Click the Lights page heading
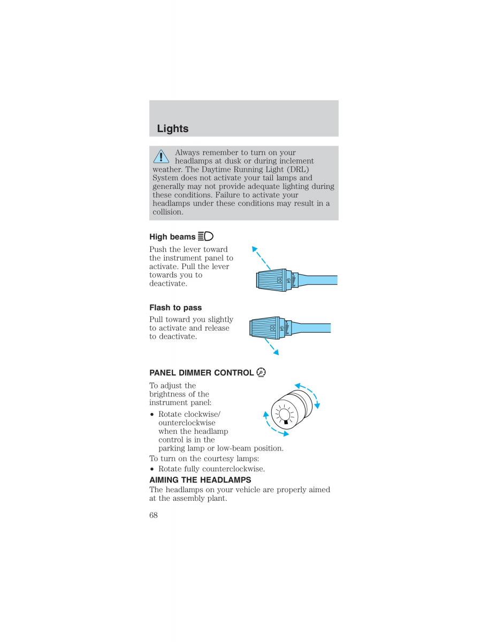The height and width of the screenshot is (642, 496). click(x=173, y=129)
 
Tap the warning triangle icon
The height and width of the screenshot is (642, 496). click(x=161, y=156)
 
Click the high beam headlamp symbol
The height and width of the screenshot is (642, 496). click(x=205, y=236)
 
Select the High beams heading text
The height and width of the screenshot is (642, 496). click(x=172, y=236)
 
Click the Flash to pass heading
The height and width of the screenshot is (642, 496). click(x=175, y=308)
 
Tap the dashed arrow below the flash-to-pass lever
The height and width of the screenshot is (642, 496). click(x=270, y=346)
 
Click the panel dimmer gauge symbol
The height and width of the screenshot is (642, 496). click(x=261, y=372)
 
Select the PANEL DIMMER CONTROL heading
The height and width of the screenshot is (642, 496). click(x=201, y=373)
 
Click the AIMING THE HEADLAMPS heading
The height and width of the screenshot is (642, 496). click(x=200, y=480)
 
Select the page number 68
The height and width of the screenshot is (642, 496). click(x=154, y=515)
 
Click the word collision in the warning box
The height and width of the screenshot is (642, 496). click(x=167, y=212)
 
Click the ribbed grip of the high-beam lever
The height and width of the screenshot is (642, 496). click(x=271, y=280)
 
